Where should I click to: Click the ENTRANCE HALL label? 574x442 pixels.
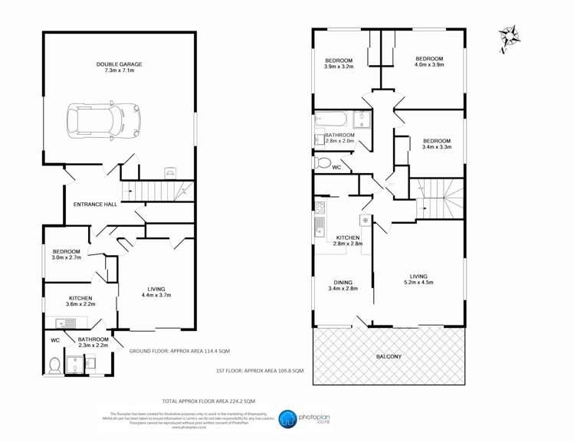pos(95,205)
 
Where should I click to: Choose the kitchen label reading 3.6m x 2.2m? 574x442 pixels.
pos(80,301)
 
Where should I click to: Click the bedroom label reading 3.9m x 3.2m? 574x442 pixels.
pos(338,64)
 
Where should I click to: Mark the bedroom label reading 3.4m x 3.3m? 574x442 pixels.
pos(436,144)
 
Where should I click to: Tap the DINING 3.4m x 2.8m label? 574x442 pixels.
pos(343,284)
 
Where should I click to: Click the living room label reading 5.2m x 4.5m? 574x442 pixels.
pos(418,280)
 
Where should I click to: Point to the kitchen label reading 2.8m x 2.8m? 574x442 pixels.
pos(348,241)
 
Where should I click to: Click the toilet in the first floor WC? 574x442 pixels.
pos(323,164)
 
